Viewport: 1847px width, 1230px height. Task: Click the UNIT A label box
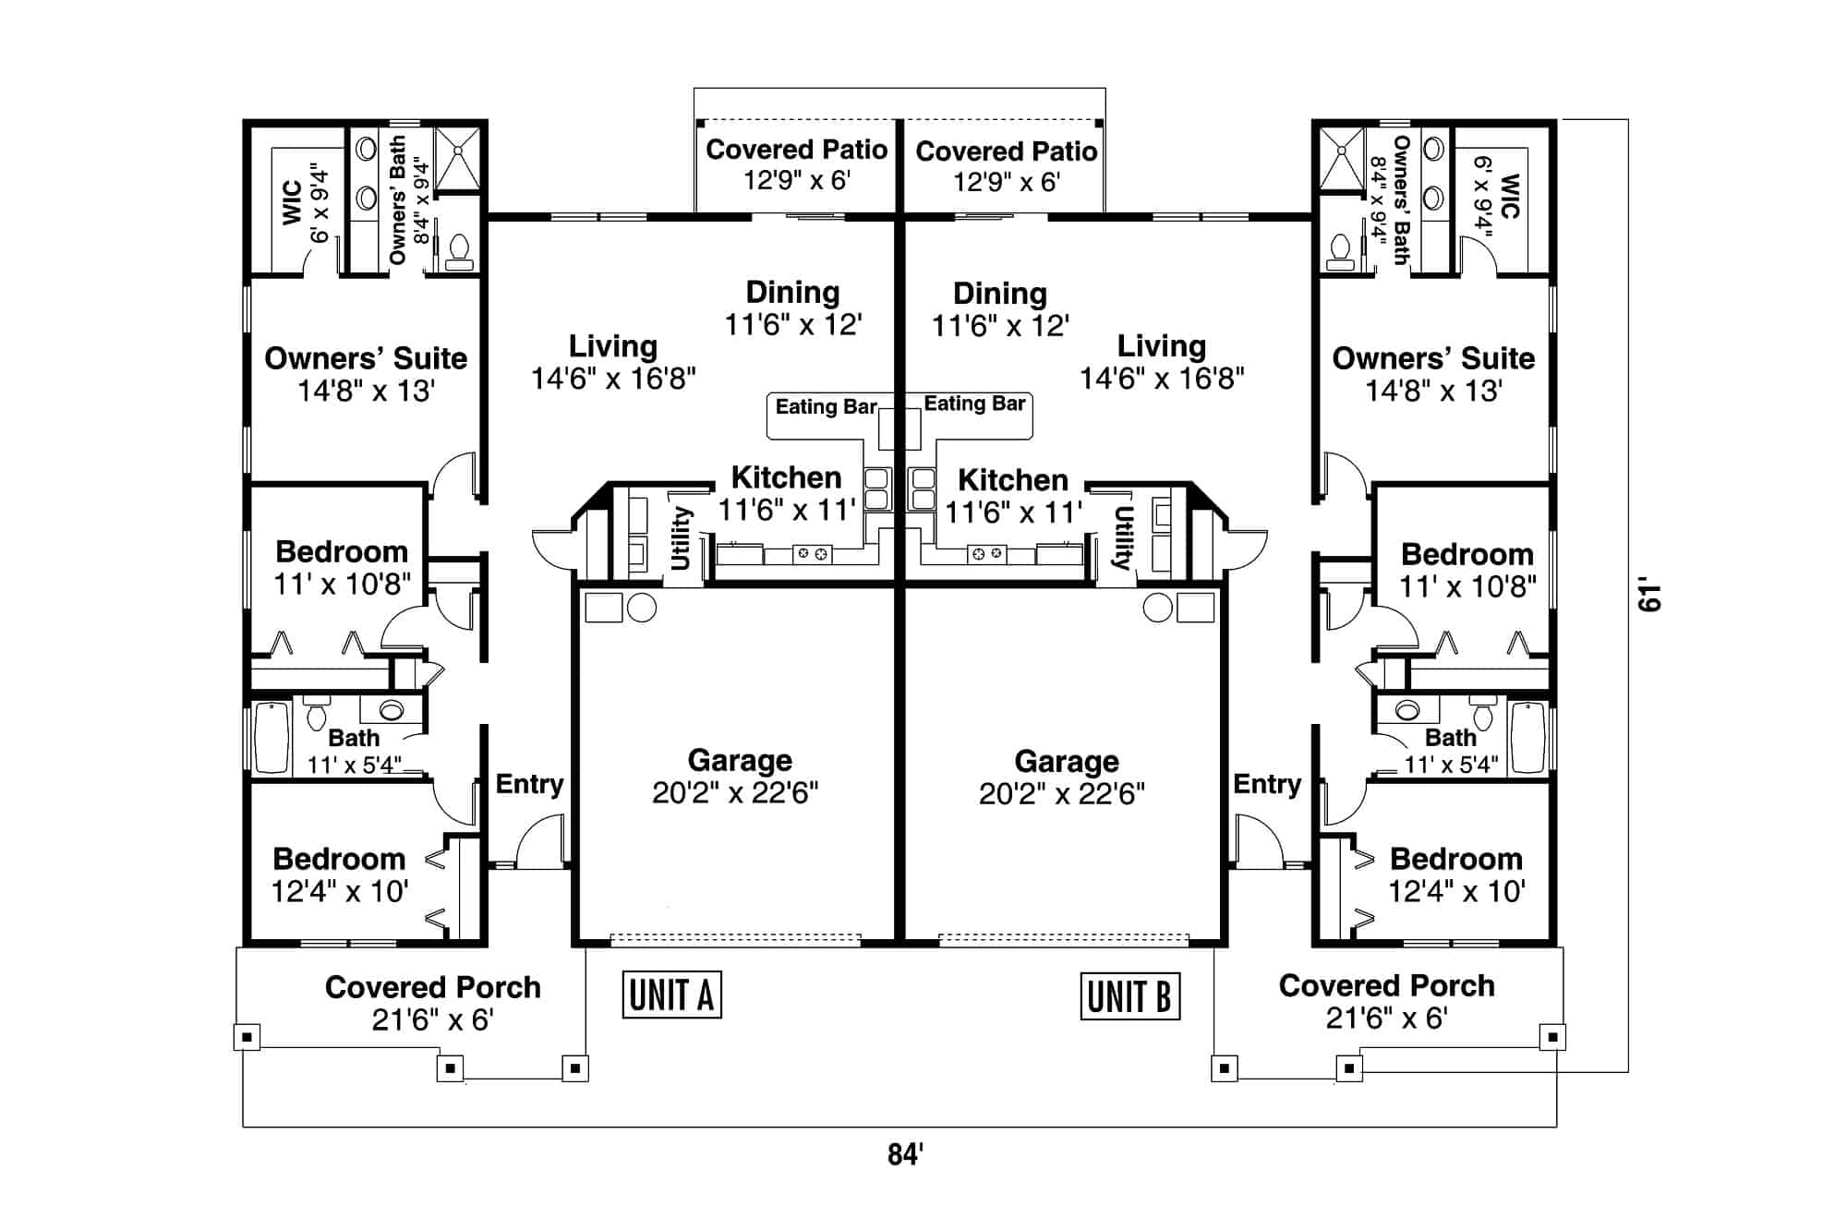click(671, 995)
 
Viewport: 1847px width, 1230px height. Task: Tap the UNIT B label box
click(1129, 996)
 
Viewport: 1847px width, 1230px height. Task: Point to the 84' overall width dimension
click(905, 1154)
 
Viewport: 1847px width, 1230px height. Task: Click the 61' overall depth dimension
click(1649, 596)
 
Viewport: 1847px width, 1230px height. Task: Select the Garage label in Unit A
click(739, 760)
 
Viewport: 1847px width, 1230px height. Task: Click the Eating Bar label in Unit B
click(974, 404)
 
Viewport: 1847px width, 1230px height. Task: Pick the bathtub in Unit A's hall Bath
click(272, 738)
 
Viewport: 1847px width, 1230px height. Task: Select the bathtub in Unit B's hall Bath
click(1527, 738)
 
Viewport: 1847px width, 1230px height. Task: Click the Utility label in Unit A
click(681, 538)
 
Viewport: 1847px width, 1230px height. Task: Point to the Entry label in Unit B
click(1267, 784)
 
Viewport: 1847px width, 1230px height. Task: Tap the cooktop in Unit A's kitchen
click(811, 554)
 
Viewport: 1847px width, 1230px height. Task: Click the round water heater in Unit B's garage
click(1156, 608)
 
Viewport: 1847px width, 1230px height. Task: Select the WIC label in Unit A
click(293, 202)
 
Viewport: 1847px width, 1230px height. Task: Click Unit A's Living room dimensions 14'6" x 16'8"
click(613, 378)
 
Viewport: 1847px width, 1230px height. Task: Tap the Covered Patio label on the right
click(1006, 151)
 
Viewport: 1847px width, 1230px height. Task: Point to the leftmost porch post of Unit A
click(247, 1037)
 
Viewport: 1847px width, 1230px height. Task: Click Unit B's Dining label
click(1000, 294)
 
